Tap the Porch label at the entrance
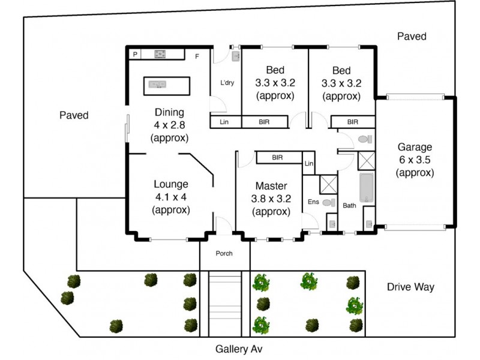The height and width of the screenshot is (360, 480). coord(224,253)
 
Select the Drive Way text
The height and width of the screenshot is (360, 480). coord(410,287)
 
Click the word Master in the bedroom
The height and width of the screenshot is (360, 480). coord(271,185)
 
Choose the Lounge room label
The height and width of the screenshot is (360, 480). coord(170,184)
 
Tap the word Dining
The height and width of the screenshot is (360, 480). coord(169,112)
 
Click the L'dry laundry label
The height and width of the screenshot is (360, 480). coord(227,83)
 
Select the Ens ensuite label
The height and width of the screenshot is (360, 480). coord(313,202)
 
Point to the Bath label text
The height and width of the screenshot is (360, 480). coord(349,206)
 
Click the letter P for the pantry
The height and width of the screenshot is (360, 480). coord(136,55)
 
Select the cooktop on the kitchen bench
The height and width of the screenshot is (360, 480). coord(161,54)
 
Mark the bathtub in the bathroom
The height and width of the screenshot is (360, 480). coord(367,188)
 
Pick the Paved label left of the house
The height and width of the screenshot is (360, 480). coord(74,115)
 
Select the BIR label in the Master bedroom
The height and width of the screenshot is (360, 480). coord(277,158)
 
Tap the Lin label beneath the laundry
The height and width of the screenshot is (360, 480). coord(224,122)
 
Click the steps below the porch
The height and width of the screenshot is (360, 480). coord(224,303)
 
